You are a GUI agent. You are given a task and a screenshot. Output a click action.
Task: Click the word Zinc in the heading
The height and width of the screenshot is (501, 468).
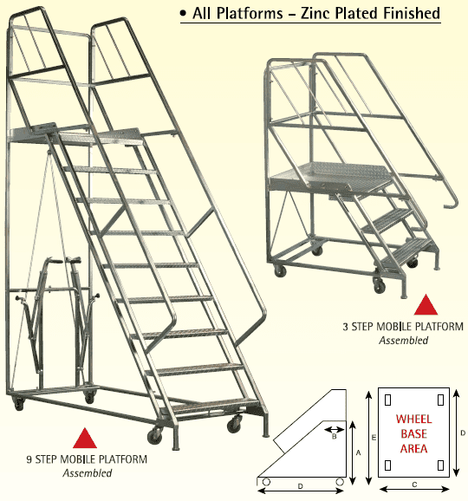tap(322, 15)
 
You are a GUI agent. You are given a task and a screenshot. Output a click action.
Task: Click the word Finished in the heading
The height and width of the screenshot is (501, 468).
tap(410, 15)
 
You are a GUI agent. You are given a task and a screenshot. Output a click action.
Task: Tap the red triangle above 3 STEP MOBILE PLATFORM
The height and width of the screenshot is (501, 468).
tap(425, 304)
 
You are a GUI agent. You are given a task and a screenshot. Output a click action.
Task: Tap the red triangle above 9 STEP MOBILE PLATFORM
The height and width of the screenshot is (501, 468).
tap(83, 439)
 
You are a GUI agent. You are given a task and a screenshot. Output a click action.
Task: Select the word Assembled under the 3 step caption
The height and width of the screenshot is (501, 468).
tap(404, 341)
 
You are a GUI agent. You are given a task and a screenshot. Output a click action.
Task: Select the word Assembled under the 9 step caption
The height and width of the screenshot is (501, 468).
tap(88, 473)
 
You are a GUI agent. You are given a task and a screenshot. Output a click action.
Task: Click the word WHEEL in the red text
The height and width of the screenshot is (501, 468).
tap(414, 420)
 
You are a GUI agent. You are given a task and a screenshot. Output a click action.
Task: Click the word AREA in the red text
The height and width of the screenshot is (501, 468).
tap(414, 449)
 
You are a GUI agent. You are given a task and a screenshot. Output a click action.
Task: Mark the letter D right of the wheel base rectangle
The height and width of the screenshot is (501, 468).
tap(462, 432)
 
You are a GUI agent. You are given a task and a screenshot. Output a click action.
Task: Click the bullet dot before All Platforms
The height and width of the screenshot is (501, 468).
tap(183, 16)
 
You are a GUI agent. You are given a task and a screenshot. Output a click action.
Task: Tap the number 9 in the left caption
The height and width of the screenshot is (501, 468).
tap(29, 459)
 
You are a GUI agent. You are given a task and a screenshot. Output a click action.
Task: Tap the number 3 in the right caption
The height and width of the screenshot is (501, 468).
tap(348, 327)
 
